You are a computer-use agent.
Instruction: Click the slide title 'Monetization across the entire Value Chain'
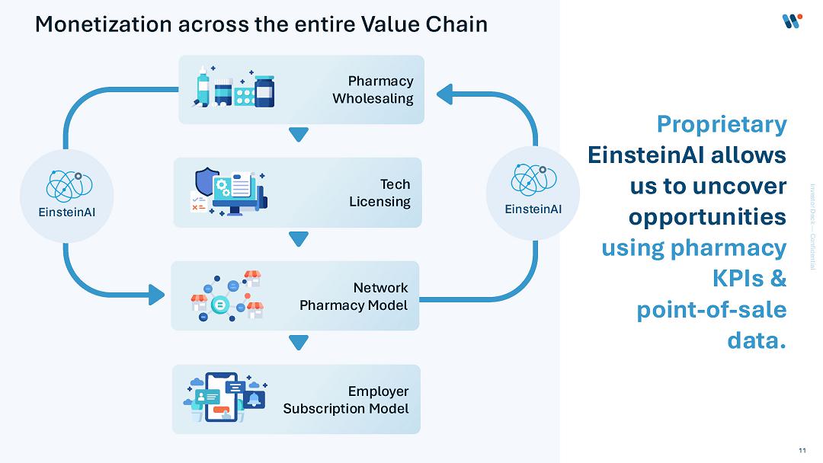click(261, 24)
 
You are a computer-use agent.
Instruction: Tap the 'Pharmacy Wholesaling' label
click(373, 90)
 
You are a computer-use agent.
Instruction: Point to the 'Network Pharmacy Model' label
click(354, 296)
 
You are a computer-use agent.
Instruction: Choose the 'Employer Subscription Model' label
click(346, 400)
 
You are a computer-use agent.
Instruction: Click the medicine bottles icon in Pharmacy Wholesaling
click(234, 87)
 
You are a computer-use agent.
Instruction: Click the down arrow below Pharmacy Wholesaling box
click(299, 136)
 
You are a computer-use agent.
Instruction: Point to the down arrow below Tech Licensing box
click(299, 239)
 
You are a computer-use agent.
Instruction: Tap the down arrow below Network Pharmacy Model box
click(299, 343)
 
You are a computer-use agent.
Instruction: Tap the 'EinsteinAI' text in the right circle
click(533, 209)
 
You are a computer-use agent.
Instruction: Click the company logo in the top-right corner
click(793, 21)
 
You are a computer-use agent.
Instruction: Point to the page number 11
click(802, 450)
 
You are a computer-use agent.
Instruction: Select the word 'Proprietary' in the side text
click(721, 123)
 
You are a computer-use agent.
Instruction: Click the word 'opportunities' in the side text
click(707, 216)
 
